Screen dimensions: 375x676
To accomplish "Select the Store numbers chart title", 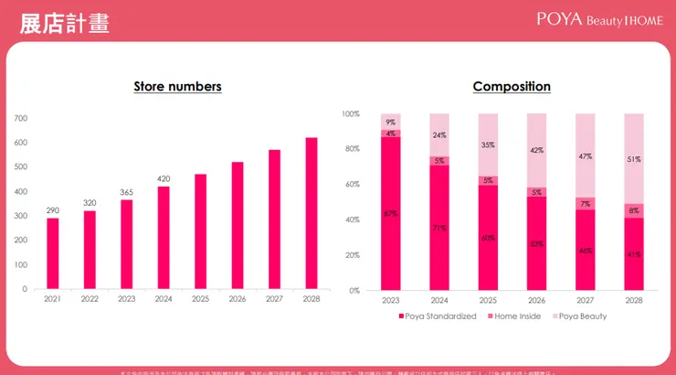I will pos(177,87).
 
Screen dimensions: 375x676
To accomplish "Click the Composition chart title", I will pos(512,87).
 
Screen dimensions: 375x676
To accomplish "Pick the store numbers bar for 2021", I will pos(53,253).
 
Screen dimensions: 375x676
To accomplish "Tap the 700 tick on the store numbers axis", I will pos(21,119).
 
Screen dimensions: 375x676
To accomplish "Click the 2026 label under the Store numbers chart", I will pos(238,299).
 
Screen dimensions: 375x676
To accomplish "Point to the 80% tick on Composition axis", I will pos(352,149).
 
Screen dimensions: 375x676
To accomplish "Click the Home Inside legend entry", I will pos(516,316).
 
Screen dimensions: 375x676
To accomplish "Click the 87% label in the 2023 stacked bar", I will pos(391,213).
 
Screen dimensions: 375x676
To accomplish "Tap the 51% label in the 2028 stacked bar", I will pos(634,159).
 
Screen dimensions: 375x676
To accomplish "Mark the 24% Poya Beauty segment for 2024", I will pos(439,135).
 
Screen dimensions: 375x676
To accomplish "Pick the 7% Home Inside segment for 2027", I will pos(586,204).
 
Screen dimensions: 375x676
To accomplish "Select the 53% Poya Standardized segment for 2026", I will pos(537,244).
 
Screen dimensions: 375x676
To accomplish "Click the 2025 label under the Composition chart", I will pos(488,299).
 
